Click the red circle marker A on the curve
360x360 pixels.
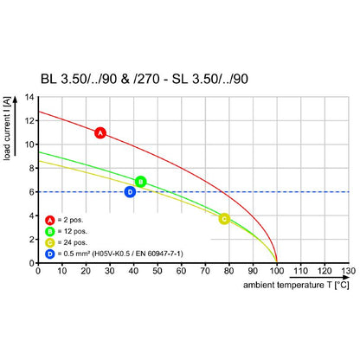coord(100,133)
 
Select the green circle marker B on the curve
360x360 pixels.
coord(140,182)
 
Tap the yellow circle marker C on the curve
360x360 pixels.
coord(224,219)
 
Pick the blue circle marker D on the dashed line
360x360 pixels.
coord(130,191)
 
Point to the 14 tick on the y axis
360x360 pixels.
coord(32,97)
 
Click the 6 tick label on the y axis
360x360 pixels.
coord(32,191)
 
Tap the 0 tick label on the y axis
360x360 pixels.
coord(32,262)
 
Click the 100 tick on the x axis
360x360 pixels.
coord(277,270)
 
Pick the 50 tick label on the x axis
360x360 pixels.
coord(157,270)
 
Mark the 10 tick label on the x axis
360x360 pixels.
coord(61,270)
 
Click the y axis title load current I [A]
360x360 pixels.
coord(9,129)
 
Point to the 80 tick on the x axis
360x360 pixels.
coord(229,270)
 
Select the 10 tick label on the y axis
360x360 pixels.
coord(30,145)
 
